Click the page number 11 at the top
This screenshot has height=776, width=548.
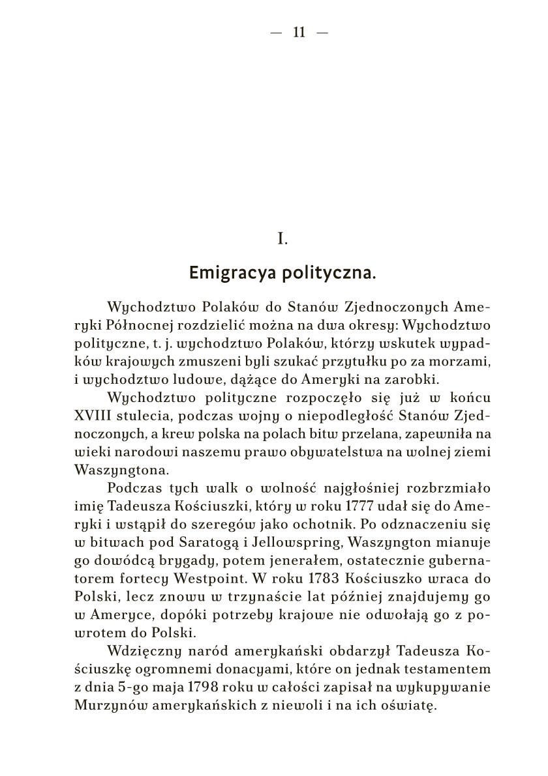[x=299, y=33]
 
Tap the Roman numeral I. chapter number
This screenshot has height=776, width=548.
[x=282, y=240]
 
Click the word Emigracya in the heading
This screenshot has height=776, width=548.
[x=231, y=272]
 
